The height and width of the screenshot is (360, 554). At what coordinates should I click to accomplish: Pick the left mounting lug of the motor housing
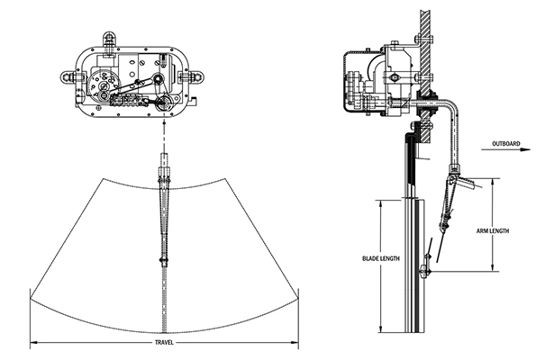pos(66,77)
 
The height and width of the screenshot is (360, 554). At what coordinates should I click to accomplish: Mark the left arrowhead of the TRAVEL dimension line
pos(33,342)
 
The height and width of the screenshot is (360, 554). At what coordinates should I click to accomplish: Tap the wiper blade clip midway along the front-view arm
pos(162,262)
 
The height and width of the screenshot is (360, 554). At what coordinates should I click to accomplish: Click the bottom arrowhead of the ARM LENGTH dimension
pos(493,268)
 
